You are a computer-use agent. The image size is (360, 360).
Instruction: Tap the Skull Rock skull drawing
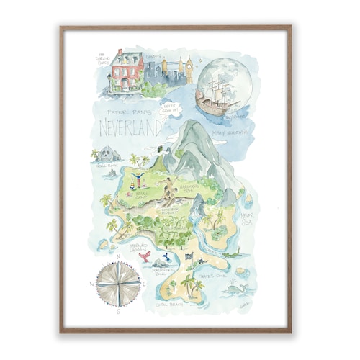[109, 154]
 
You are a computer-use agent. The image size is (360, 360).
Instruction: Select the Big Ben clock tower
[189, 69]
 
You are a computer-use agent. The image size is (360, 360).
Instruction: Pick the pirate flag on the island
[189, 256]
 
